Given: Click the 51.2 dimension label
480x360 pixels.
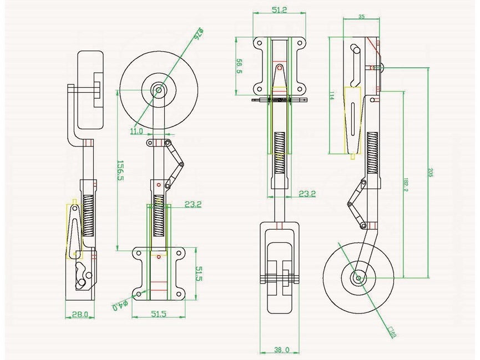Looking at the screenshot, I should click(x=280, y=9).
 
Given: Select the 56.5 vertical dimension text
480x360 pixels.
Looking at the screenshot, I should click(x=240, y=65).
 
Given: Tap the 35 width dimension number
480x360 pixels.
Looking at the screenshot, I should click(x=362, y=17).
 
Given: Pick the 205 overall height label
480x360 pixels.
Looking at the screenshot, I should click(x=431, y=172).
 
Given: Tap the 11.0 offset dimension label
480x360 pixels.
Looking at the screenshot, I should click(x=137, y=131).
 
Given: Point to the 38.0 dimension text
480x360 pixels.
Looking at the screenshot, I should click(x=282, y=349).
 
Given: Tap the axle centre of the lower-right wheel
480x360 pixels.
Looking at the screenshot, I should click(x=359, y=277).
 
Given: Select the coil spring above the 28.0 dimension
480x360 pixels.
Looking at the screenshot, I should click(x=88, y=215).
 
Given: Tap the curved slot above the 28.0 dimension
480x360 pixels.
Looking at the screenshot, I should click(x=83, y=272).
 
